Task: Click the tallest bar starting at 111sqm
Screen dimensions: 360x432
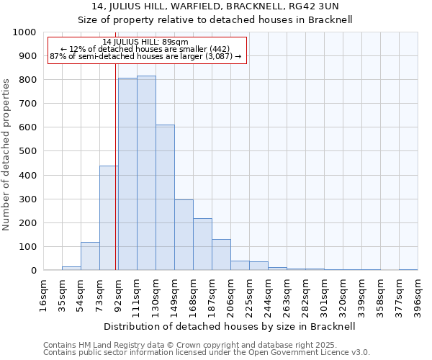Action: coord(146,173)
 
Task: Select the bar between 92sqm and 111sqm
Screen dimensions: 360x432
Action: coord(127,174)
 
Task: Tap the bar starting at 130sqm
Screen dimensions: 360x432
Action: coord(165,197)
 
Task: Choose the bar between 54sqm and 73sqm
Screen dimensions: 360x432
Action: coord(90,256)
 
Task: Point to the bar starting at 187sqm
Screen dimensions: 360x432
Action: coord(221,255)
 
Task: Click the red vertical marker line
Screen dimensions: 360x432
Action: coord(116,180)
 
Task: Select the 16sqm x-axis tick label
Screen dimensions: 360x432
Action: coord(43,294)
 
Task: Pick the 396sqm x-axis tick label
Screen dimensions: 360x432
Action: coord(418,294)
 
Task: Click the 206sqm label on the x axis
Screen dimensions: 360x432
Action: coord(230,294)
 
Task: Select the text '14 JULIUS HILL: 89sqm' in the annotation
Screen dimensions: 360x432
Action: coord(145,42)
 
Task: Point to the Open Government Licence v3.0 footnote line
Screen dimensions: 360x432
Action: coord(207,353)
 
